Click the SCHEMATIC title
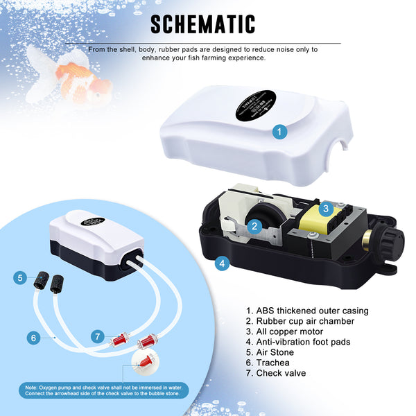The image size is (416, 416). click(202, 24)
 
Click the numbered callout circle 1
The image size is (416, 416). click(279, 131)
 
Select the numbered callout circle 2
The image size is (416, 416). click(254, 225)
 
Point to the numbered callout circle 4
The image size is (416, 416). click(222, 263)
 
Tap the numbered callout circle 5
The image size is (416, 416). click(21, 278)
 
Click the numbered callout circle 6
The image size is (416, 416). click(32, 338)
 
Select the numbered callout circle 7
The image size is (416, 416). click(98, 336)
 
